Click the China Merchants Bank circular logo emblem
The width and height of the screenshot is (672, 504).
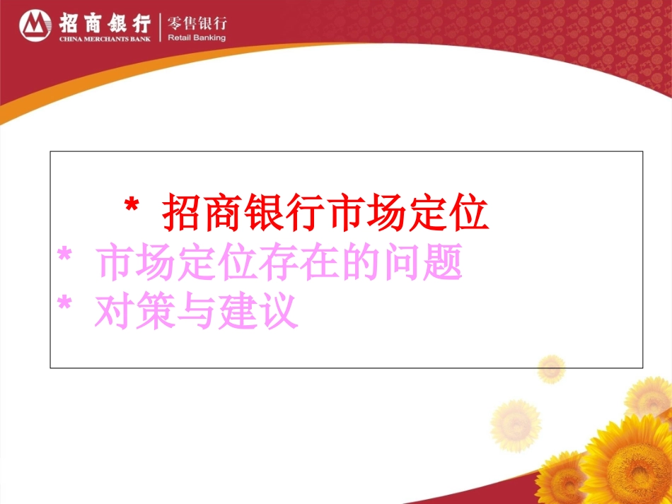[x=33, y=26]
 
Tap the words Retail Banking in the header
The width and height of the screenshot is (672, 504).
[x=197, y=38]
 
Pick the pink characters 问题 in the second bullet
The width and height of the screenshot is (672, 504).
[x=426, y=262]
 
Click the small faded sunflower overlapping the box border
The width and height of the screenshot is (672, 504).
[x=550, y=368]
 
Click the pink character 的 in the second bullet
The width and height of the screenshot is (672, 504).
[x=343, y=262]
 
